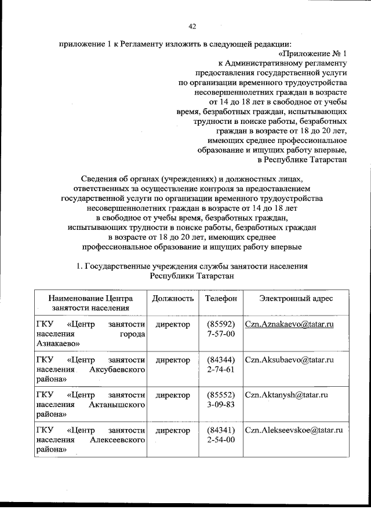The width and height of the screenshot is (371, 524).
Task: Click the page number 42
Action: [193, 26]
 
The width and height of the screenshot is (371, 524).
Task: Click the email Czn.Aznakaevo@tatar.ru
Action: [289, 324]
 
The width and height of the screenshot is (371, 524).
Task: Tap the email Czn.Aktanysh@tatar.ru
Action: [287, 395]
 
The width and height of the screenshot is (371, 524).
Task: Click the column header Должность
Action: [173, 298]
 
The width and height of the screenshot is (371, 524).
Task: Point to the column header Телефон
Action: [221, 298]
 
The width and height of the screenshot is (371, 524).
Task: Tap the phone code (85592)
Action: [221, 324]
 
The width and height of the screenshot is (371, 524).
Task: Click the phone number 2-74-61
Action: [221, 369]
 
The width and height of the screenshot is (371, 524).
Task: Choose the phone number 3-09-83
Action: [221, 405]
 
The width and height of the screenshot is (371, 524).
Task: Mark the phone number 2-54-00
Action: [221, 440]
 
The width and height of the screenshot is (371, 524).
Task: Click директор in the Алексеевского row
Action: [173, 430]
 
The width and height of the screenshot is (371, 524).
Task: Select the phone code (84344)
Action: [221, 360]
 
